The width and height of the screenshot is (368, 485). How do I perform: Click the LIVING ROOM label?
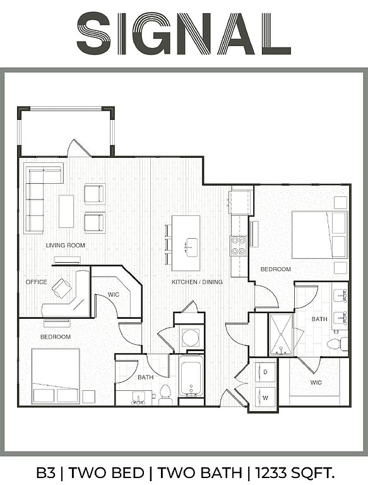(x=65, y=245)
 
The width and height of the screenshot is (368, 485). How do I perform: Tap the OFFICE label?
(x=36, y=282)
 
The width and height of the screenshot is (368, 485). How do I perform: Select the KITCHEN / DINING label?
(x=197, y=282)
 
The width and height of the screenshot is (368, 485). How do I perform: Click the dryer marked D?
(x=265, y=372)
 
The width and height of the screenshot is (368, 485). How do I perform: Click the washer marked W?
(x=265, y=397)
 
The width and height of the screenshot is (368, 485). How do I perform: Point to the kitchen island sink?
(x=191, y=248)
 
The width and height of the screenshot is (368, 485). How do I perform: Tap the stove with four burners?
(x=238, y=246)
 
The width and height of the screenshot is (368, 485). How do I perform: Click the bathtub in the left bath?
(x=191, y=376)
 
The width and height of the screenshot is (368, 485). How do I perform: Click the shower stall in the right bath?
(x=281, y=335)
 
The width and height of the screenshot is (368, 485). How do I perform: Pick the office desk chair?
(x=61, y=288)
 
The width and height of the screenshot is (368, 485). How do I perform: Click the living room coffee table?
(x=66, y=212)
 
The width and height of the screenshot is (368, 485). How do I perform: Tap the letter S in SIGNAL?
(x=93, y=35)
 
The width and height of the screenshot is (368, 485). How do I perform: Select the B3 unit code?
(x=46, y=472)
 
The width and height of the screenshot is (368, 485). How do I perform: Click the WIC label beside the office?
(x=114, y=294)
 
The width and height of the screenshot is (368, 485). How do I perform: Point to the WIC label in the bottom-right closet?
(x=316, y=383)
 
